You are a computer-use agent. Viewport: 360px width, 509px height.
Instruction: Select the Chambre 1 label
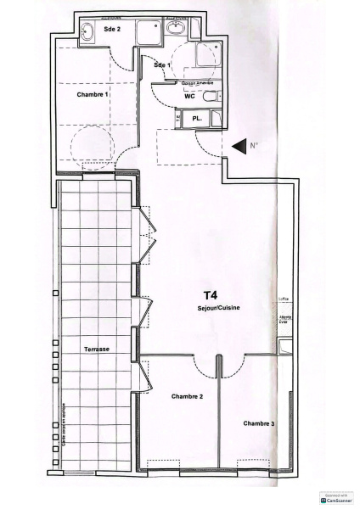(93, 94)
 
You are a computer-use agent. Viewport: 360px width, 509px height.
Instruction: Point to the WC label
(190, 96)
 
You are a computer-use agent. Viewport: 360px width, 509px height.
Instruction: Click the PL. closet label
(197, 118)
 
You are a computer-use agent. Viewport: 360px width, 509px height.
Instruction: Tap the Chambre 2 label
(187, 396)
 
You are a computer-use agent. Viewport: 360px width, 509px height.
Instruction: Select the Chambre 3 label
(258, 422)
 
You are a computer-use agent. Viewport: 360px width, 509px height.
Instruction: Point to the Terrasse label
(98, 350)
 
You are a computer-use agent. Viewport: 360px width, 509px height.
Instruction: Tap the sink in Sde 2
(88, 33)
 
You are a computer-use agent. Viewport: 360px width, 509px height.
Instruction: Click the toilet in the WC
(212, 95)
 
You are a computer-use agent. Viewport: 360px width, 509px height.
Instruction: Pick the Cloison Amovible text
(197, 83)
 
